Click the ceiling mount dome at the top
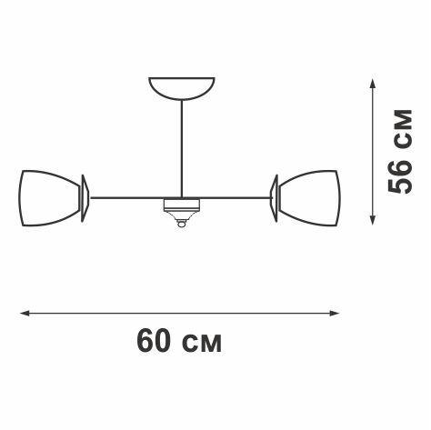click(182, 87)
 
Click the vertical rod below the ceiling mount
click(182, 145)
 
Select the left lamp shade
click(50, 197)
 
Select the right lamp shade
click(311, 197)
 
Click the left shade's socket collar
click(85, 197)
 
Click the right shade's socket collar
click(274, 197)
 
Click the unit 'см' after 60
click(201, 343)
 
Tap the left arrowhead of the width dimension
click(25, 314)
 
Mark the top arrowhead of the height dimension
click(371, 82)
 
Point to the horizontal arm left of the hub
click(127, 197)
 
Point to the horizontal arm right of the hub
click(236, 197)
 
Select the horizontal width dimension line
click(182, 314)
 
